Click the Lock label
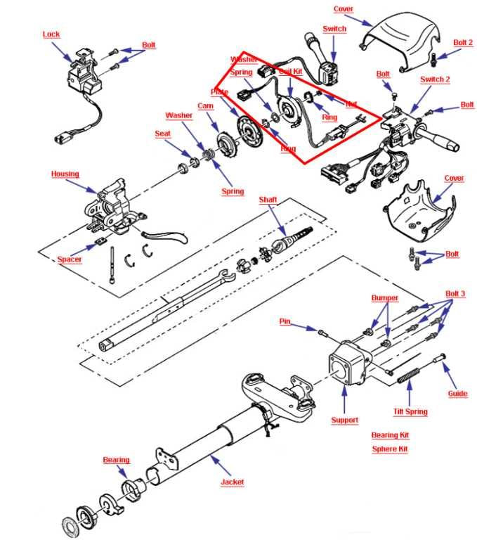pos(51,34)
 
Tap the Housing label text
pos(65,174)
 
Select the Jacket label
pos(232,482)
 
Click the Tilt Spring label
pos(410,412)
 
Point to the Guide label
pos(457,394)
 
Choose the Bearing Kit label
pos(390,435)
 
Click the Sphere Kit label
pos(390,449)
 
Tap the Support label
pos(344,420)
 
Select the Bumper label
pos(384,298)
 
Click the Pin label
pos(285,321)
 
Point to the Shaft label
pos(268,200)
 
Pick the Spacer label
pos(70,259)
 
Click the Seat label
pos(162,134)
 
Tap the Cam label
pos(205,105)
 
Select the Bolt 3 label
pos(455,293)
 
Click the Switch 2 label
pos(435,79)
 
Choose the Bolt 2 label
pos(462,43)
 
